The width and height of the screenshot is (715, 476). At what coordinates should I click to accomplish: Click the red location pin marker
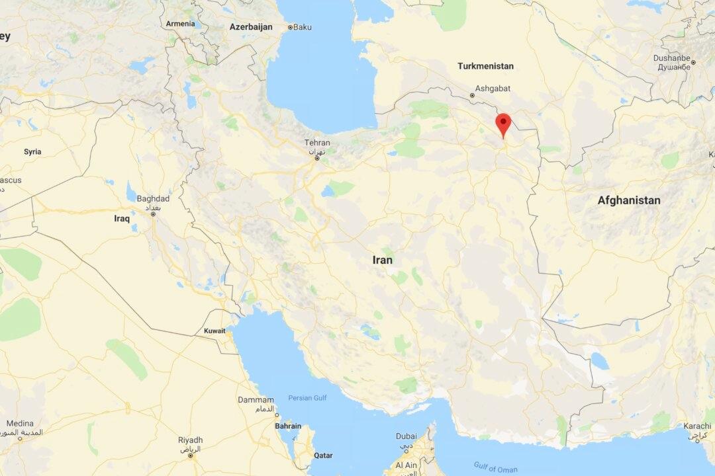click(x=503, y=124)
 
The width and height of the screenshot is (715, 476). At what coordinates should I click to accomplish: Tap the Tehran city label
click(x=317, y=143)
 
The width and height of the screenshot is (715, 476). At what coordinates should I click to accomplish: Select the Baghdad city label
click(x=153, y=198)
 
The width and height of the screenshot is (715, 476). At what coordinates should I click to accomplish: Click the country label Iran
click(x=382, y=260)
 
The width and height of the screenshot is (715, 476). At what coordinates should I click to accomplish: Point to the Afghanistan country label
click(x=628, y=200)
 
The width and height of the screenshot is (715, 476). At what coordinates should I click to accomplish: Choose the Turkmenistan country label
click(x=485, y=66)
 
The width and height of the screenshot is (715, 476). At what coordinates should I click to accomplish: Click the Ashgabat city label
click(x=493, y=87)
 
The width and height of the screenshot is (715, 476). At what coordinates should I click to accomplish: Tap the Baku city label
click(x=302, y=27)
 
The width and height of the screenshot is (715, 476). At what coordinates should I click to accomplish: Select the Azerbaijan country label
click(x=251, y=27)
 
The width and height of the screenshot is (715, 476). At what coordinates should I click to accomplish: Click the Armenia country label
click(x=180, y=24)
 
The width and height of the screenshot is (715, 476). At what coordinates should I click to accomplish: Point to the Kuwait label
click(x=215, y=331)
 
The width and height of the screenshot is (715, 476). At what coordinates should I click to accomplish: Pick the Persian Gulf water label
click(x=308, y=398)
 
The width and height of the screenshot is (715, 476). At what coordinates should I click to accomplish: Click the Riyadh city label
click(x=190, y=440)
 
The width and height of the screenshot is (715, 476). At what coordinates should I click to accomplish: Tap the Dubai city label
click(x=406, y=436)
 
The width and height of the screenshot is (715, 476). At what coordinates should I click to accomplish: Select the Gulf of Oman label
click(x=496, y=467)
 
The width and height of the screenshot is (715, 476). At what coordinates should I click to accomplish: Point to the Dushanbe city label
click(x=671, y=58)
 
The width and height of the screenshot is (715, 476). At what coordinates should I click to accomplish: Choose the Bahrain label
click(x=288, y=426)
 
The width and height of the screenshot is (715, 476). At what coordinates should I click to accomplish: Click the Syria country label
click(x=32, y=151)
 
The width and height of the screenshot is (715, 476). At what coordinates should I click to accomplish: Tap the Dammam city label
click(x=256, y=400)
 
